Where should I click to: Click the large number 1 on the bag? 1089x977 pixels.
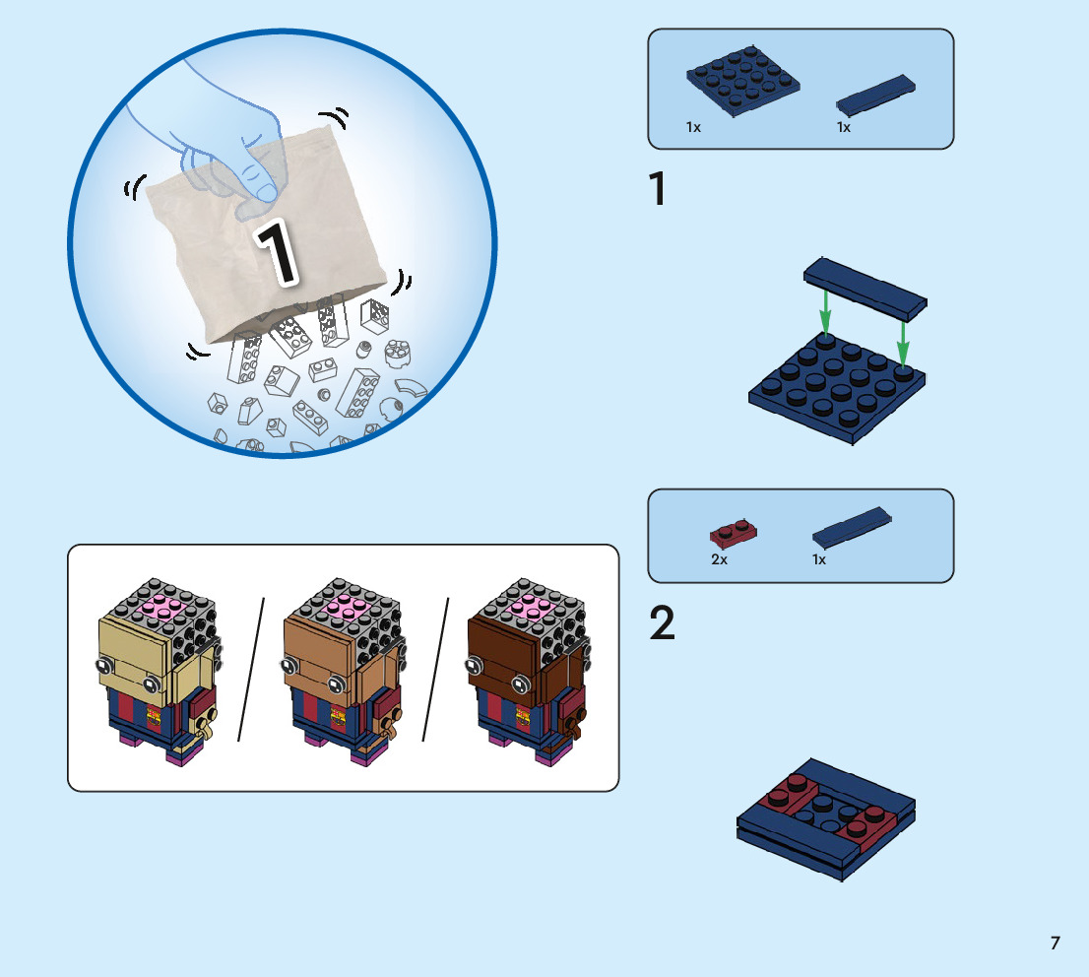278,251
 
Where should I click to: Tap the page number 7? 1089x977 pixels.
1055,943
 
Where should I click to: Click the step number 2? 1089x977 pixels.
662,622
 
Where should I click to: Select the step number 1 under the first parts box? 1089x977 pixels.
658,189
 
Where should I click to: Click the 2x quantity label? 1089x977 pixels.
719,559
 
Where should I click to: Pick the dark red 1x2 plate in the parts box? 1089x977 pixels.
733,533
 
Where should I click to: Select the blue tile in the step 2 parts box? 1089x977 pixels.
852,526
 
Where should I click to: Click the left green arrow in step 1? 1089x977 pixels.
825,311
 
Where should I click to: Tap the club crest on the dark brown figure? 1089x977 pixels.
522,717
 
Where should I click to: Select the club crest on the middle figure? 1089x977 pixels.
338,717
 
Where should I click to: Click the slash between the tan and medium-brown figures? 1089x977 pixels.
251,669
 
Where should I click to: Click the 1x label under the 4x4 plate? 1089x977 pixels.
693,127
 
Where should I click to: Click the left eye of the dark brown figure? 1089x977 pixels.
475,667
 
